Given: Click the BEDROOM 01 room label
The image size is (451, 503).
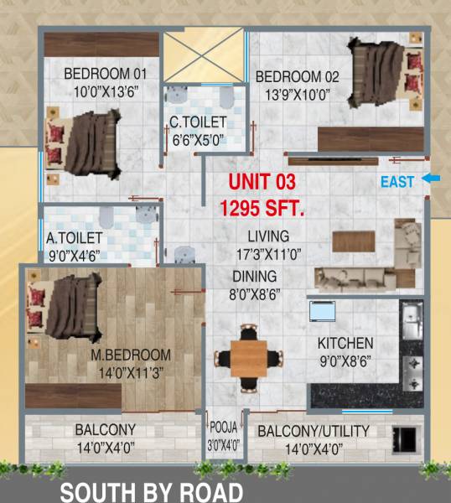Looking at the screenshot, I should click(105, 74).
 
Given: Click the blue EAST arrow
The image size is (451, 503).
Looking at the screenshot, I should click(429, 179).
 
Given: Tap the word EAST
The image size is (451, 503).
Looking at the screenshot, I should click(397, 181).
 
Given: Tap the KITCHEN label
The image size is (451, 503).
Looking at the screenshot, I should click(345, 345).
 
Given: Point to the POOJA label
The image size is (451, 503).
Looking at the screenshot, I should click(224, 425).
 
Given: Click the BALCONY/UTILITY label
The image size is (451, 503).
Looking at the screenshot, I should click(313, 432).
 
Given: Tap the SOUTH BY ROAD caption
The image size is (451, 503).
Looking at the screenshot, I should click(151, 492).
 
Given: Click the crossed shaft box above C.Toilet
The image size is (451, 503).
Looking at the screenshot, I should click(202, 57).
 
